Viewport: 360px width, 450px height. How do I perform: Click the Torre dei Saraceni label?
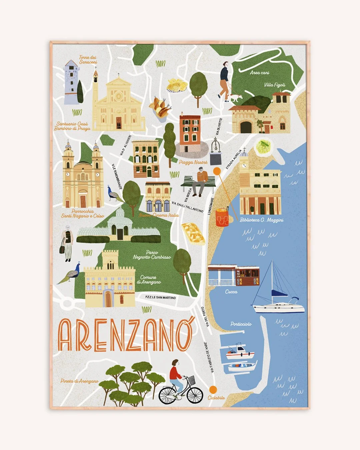88,59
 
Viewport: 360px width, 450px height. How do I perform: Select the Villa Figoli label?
275,85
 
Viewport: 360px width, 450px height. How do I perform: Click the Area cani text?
260,72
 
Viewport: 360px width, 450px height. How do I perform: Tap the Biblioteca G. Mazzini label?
262,220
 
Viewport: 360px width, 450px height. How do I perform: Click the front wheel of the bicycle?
195,395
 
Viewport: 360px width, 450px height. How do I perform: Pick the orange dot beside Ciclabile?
213,389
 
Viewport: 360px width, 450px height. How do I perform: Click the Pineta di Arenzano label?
79,381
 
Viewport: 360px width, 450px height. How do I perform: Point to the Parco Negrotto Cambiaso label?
152,255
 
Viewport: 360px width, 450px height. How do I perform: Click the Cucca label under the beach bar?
231,292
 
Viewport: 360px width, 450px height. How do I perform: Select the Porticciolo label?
241,324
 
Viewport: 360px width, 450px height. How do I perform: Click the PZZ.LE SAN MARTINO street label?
160,297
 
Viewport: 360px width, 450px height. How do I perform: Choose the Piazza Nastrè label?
193,162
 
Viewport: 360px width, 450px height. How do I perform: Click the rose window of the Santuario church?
118,97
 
